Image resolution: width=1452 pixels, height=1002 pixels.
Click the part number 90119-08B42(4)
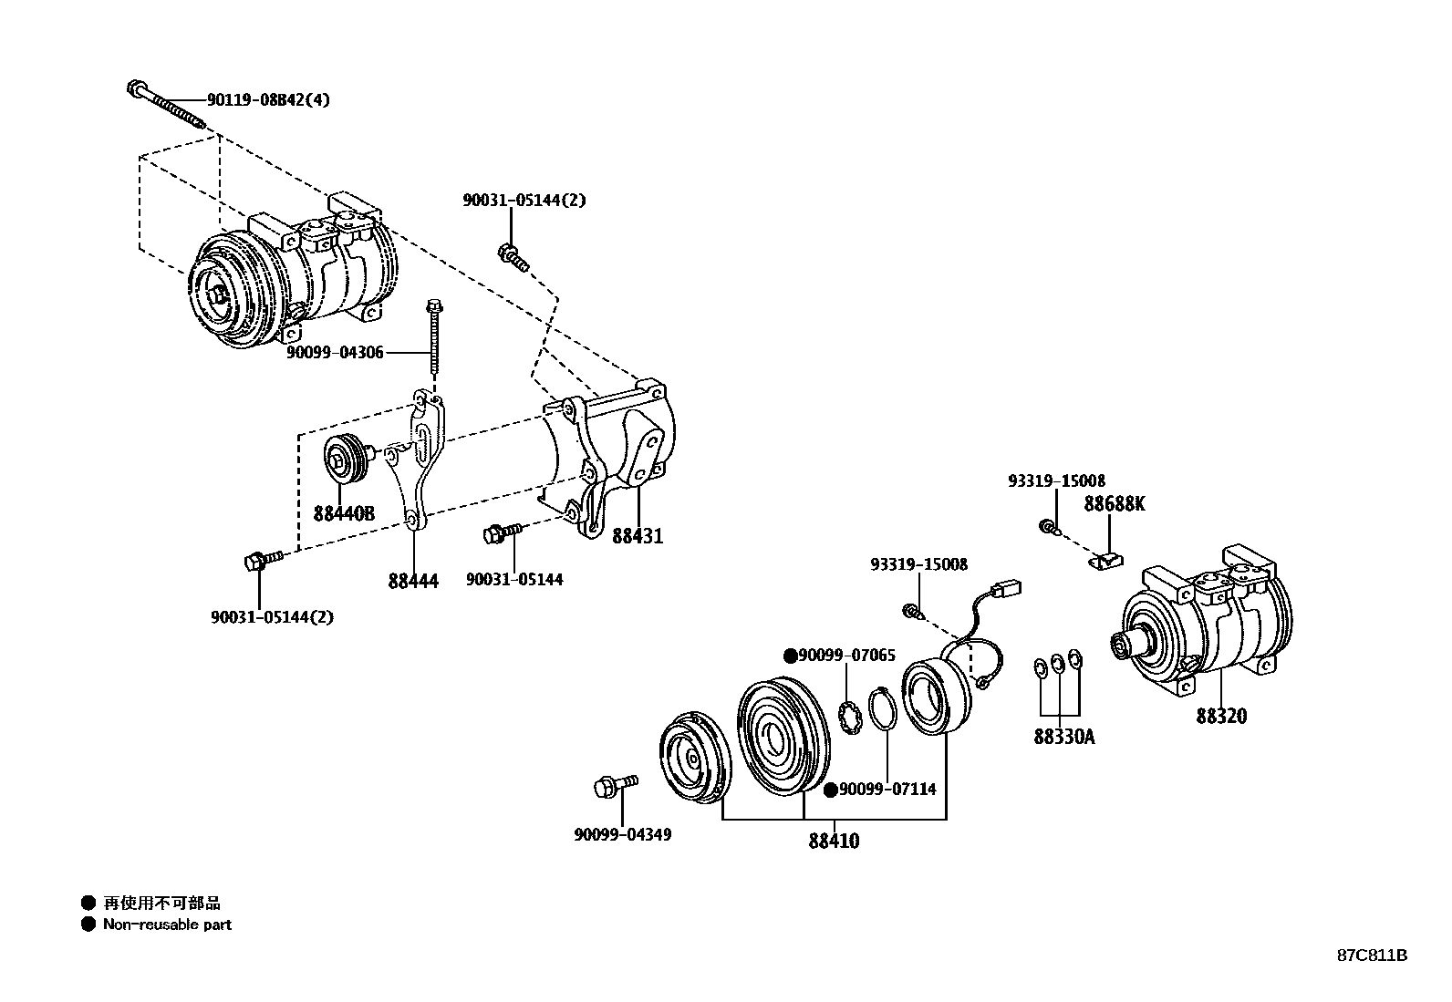[268, 99]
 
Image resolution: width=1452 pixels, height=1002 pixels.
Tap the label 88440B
[344, 513]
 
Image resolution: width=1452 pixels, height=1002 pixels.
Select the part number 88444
[413, 581]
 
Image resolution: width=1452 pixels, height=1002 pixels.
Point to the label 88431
[638, 536]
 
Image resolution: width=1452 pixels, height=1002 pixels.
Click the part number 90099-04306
[335, 352]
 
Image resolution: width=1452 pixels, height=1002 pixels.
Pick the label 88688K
[1114, 504]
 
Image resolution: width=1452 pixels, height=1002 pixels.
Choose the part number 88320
[1221, 716]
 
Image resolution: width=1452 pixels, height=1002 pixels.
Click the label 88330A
[1063, 736]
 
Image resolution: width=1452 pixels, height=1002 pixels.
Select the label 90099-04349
[623, 834]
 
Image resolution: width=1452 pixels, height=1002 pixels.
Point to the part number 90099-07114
[887, 790]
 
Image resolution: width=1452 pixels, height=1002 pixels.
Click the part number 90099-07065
[845, 656]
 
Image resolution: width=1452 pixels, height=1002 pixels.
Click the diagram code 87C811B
[1372, 956]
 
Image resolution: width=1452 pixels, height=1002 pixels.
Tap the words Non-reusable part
[167, 925]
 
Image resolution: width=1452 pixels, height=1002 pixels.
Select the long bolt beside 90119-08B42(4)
[169, 105]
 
